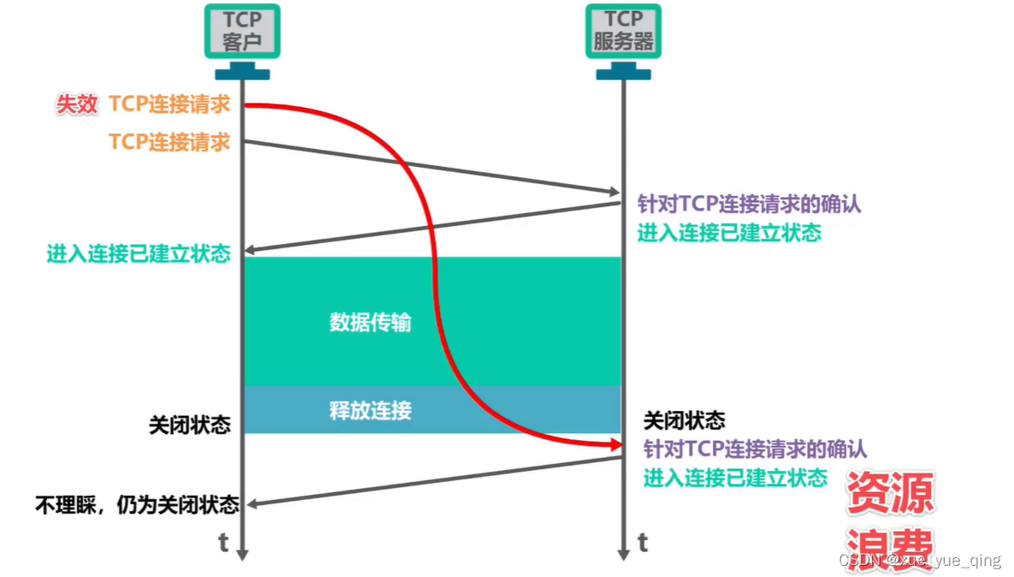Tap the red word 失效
point(78,104)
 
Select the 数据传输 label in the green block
point(371,323)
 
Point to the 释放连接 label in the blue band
point(371,410)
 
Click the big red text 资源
point(890,493)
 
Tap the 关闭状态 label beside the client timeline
point(190,425)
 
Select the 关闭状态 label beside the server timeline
point(684,420)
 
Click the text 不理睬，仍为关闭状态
point(137,504)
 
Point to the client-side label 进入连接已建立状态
point(139,253)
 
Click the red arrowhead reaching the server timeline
point(614,445)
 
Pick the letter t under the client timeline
point(223,543)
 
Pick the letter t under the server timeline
point(642,543)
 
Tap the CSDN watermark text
point(919,561)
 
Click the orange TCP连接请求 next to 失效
point(169,104)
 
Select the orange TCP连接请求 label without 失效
point(169,141)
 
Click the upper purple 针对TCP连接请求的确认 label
point(749,205)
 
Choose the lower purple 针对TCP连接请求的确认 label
point(755,449)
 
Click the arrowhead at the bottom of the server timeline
point(624,555)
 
